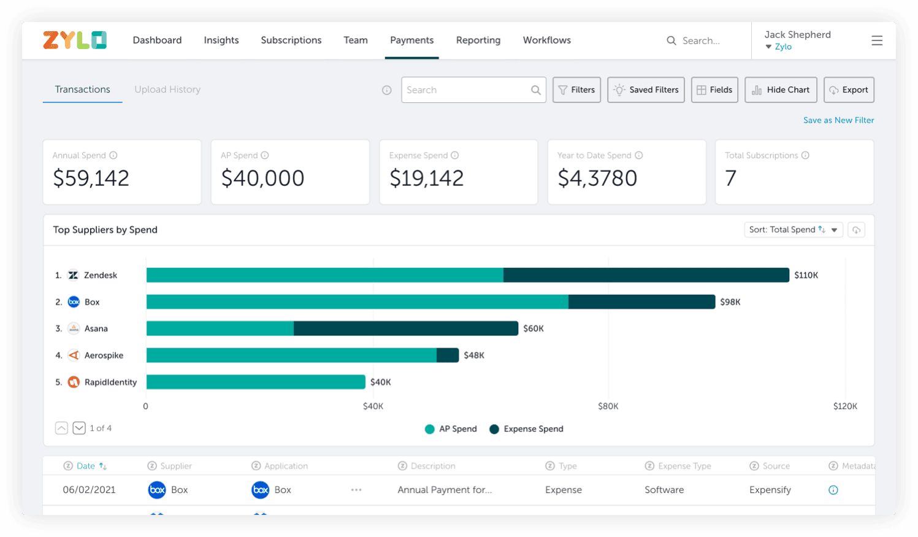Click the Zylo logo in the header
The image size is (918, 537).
coord(75,40)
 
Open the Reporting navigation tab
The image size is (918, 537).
coord(478,40)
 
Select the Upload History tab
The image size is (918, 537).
coord(167,89)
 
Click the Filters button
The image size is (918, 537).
coord(576,89)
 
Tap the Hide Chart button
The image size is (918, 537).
coord(781,89)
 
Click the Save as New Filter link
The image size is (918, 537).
coord(838,120)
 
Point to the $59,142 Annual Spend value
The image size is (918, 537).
coord(91,178)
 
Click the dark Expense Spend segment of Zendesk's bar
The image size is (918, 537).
coord(646,275)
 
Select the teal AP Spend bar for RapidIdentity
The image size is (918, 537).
coord(256,382)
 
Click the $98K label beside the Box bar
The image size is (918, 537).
coord(730,302)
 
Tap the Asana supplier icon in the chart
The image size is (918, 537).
coord(74,329)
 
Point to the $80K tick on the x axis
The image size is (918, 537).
coord(608,406)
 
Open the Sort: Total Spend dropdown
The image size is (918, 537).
coord(793,230)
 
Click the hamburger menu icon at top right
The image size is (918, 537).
coord(877,40)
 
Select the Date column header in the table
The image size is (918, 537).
coord(86,466)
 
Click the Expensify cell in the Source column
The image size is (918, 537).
coord(770,490)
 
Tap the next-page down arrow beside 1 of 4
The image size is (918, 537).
coord(79,428)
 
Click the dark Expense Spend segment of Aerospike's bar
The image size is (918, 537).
coord(448,356)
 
